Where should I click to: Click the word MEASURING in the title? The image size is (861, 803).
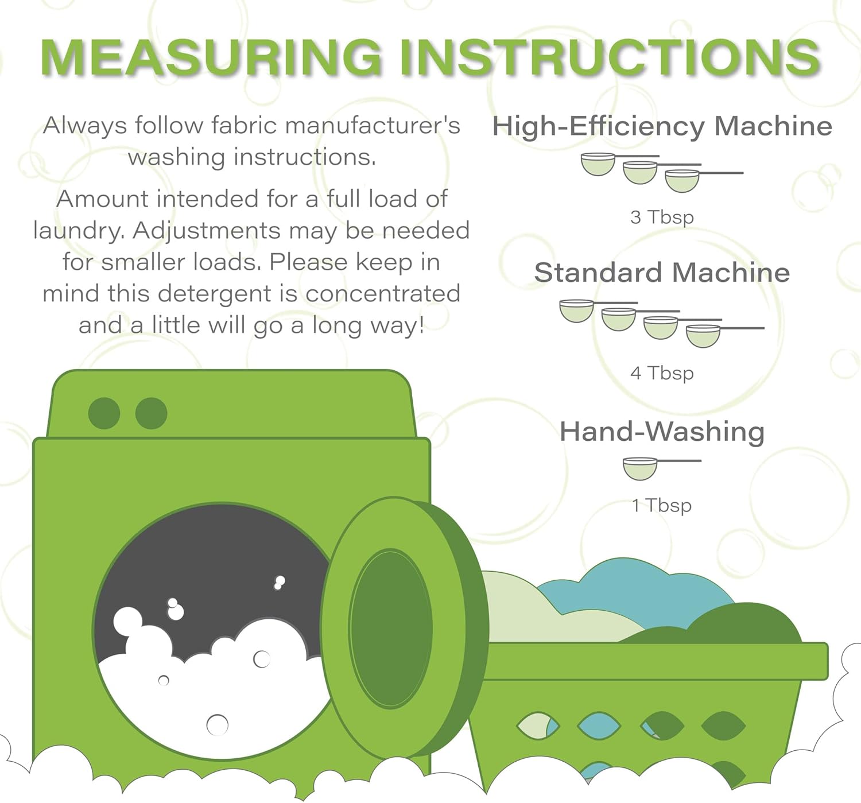pyautogui.click(x=211, y=57)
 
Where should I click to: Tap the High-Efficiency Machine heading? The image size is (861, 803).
pyautogui.click(x=662, y=127)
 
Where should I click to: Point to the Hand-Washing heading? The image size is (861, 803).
pyautogui.click(x=662, y=432)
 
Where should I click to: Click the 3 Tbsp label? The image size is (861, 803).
pyautogui.click(x=662, y=217)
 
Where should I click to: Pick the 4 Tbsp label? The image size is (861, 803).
pyautogui.click(x=662, y=373)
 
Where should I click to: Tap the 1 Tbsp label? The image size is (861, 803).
pyautogui.click(x=662, y=505)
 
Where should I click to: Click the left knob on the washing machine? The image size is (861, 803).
pyautogui.click(x=104, y=413)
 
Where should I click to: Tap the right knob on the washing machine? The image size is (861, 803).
pyautogui.click(x=152, y=413)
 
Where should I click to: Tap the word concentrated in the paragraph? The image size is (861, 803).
pyautogui.click(x=383, y=293)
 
